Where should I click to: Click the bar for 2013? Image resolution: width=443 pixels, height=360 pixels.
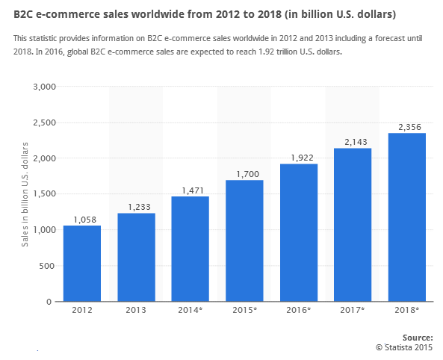coord(136,258)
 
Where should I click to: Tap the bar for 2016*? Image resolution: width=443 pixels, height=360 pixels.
coord(298,232)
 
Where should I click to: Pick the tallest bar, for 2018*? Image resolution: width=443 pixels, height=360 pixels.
coord(406,217)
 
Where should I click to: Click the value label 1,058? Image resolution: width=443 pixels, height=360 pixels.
coord(82,220)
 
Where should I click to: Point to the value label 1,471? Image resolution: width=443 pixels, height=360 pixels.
coord(190,190)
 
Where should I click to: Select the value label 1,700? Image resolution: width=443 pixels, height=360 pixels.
coord(244,174)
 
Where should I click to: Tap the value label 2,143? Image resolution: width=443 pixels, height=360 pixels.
coord(353,142)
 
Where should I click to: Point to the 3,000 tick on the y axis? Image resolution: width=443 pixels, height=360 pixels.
coord(45,87)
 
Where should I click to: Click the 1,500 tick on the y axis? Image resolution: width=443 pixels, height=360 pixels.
coord(45,194)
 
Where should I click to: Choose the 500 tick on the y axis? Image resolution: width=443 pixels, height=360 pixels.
coord(49,266)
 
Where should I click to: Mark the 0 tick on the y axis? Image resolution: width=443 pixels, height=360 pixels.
coord(52,302)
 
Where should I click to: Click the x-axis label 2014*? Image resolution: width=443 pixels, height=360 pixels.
coord(190,310)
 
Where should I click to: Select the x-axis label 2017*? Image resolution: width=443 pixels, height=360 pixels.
coord(353,310)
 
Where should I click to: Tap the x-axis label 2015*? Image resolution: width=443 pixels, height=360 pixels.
coord(244,310)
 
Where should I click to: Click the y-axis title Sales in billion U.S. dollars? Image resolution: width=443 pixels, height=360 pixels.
coord(24,194)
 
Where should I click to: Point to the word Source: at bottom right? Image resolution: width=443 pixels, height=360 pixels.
coord(417,338)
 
